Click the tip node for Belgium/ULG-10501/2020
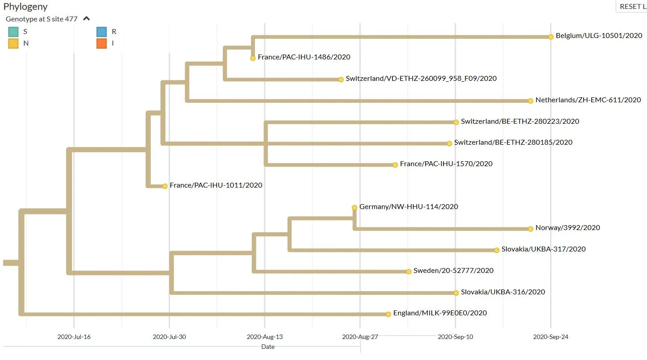click(551, 37)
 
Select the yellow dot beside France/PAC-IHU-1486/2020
click(253, 58)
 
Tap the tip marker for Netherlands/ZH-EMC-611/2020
click(530, 101)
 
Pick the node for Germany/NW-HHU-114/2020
click(355, 207)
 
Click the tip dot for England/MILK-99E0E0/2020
click(388, 314)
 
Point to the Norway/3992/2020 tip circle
click(530, 229)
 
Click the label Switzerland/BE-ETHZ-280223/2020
click(520, 121)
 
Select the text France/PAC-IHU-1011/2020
click(216, 185)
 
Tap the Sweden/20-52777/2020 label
click(453, 270)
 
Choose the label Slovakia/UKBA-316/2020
click(503, 292)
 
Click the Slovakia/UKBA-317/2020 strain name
click(543, 249)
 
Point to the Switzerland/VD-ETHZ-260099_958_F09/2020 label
click(421, 79)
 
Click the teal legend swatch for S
click(13, 32)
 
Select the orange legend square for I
click(101, 43)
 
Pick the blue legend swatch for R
click(101, 32)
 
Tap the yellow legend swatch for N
click(13, 43)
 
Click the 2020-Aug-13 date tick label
click(265, 337)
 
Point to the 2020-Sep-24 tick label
click(551, 337)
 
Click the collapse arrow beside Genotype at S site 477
click(86, 19)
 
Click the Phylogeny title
click(25, 7)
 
